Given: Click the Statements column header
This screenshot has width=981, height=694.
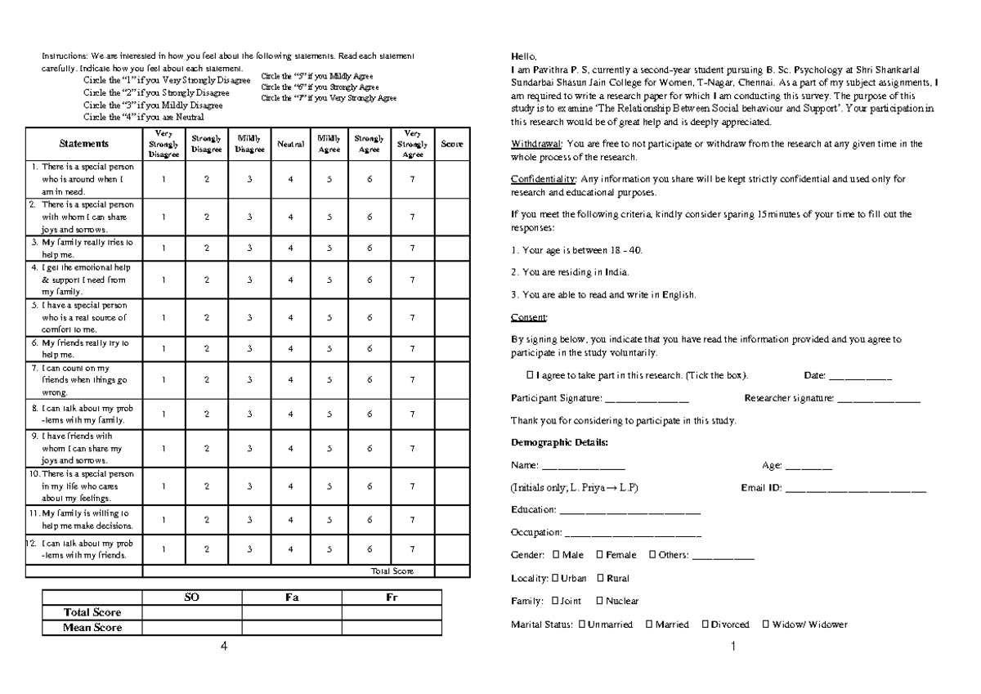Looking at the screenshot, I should coord(84,144).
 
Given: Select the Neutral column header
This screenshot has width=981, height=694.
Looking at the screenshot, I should coord(290,144).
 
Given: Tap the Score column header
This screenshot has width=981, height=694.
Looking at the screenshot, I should coord(451,144).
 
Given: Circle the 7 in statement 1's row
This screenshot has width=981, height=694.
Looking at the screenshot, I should coord(413,179).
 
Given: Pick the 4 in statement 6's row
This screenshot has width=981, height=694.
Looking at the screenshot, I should coord(290,349).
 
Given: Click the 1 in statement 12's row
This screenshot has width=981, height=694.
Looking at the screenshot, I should coord(163,549).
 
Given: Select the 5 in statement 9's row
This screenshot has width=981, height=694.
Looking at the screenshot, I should coord(329,448).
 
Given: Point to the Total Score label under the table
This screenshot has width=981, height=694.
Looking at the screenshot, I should coord(392,571).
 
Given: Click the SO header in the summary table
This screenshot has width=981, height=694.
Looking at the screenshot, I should coord(191,598).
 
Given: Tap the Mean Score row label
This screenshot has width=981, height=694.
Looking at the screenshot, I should coord(92,628).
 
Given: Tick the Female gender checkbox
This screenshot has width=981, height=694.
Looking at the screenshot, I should coord(599,555).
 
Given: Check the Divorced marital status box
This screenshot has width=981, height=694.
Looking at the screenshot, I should coord(705,625).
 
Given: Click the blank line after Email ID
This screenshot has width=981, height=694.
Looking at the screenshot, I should coord(854,489).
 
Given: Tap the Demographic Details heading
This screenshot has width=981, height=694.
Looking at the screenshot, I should coord(559,442).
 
